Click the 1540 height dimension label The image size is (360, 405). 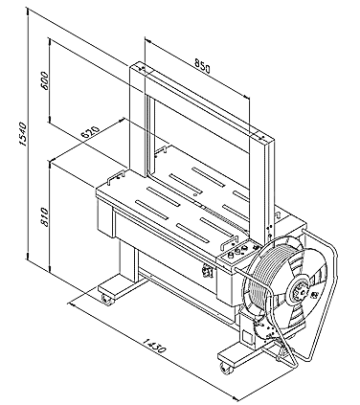pos(23,134)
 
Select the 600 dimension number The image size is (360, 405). pos(45,80)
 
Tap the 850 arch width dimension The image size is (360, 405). pos(202,67)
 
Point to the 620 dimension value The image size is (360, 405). pos(90,131)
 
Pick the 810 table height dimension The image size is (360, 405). pos(44,217)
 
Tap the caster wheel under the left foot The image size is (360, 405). pos(105,299)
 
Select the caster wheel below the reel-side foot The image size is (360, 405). pos(226,368)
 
